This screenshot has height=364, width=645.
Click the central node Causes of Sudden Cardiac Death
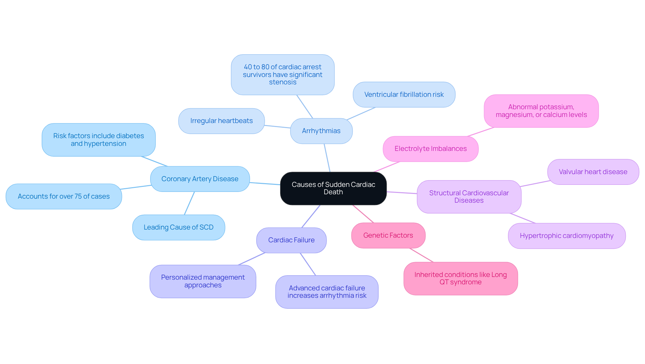tap(333, 188)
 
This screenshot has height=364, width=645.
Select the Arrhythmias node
tap(321, 131)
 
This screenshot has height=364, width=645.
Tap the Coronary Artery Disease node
tap(200, 179)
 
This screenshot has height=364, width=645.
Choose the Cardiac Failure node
tap(291, 240)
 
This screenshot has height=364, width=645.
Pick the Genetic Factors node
tap(388, 235)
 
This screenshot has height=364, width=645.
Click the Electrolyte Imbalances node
tap(430, 149)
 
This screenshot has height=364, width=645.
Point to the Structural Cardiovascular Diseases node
tap(469, 197)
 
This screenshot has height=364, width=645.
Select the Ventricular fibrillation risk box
tap(404, 94)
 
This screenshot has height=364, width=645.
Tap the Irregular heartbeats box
tap(221, 121)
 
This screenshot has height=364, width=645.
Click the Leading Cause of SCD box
tap(178, 227)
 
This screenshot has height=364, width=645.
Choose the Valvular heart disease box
tap(593, 172)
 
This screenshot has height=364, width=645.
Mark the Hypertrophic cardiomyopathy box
tap(566, 236)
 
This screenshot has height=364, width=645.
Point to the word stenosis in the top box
tap(283, 82)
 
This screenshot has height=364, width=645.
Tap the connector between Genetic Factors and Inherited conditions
tap(422, 255)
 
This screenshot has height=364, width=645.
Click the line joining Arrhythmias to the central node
tap(327, 158)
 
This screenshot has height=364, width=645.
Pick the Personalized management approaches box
tap(203, 281)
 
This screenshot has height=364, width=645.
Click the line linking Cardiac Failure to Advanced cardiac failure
tap(308, 264)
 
